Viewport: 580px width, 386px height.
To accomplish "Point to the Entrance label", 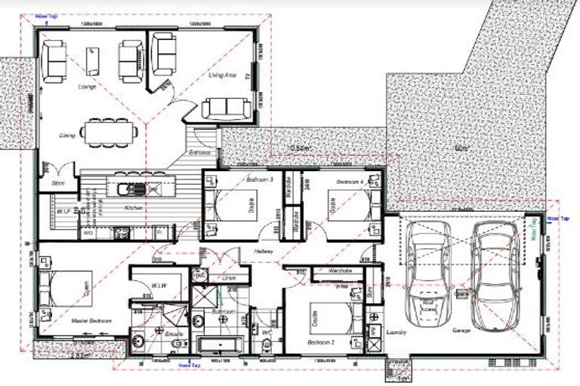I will point(199,152).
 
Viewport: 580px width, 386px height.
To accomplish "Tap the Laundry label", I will point(396,332).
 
